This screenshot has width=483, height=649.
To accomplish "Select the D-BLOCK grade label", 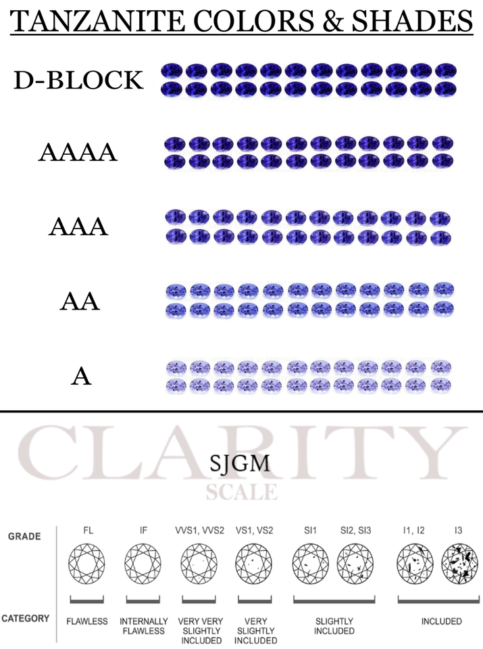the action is click(x=78, y=80).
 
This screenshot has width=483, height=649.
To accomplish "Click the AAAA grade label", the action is click(x=78, y=153).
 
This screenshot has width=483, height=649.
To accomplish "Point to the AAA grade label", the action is click(x=78, y=226).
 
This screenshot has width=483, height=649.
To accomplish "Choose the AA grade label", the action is click(x=80, y=301).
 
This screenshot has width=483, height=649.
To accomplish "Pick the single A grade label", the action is click(x=81, y=376).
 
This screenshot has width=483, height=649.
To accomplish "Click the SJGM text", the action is click(x=241, y=464).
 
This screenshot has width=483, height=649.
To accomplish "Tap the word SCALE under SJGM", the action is click(x=241, y=492).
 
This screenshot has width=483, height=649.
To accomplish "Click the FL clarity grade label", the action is click(x=88, y=530).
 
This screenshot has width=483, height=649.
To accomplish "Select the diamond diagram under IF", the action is click(x=143, y=565).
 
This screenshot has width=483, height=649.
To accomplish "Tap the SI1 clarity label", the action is click(x=310, y=530).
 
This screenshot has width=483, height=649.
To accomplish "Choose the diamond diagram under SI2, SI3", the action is click(x=356, y=565).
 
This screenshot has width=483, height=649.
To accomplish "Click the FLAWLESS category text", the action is click(x=87, y=621).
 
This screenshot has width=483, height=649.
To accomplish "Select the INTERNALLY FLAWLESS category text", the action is click(x=143, y=626).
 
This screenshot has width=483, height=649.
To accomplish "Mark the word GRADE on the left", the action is click(x=24, y=537).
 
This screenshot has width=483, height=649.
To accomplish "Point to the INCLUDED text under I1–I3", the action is click(x=441, y=621).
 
